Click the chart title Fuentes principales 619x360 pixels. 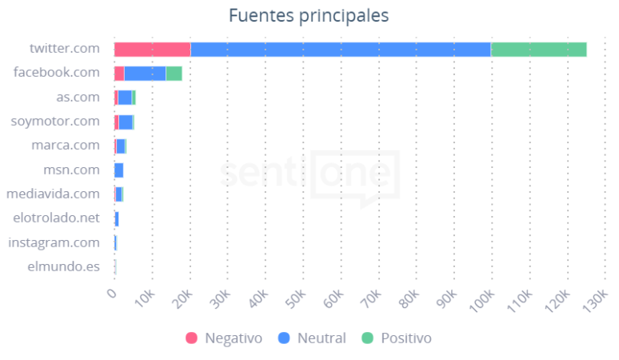309,16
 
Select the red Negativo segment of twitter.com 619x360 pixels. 152,49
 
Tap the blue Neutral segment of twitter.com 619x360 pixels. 340,49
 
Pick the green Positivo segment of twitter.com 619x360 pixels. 538,49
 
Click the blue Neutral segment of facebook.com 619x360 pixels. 145,73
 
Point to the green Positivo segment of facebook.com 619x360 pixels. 174,73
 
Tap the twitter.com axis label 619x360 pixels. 64,49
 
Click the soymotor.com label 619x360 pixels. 55,122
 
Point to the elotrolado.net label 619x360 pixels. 57,218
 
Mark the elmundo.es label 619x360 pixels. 65,266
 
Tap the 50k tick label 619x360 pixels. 297,298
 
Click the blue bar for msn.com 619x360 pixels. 119,170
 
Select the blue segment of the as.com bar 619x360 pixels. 125,97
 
